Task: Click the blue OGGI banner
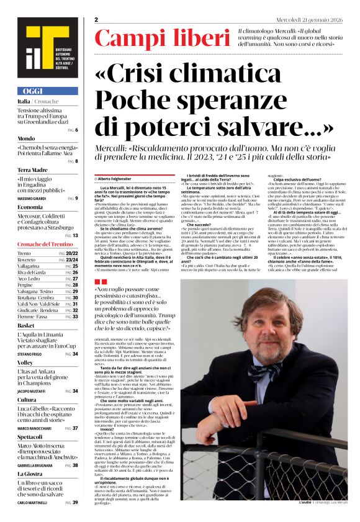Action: [47, 91]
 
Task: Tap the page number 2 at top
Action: [96, 20]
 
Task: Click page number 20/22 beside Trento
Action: [71, 254]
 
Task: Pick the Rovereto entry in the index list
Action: [29, 259]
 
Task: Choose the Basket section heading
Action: [26, 325]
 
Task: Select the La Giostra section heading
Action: [30, 474]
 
